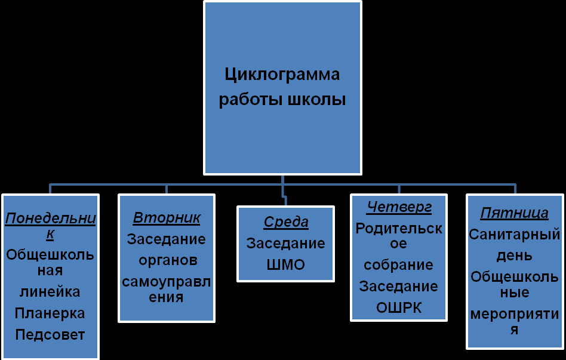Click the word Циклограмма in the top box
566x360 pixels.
pyautogui.click(x=282, y=75)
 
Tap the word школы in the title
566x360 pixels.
pyautogui.click(x=316, y=99)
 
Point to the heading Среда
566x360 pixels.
pyautogui.click(x=286, y=223)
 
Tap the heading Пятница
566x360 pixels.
pyautogui.click(x=515, y=213)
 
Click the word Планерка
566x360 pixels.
pyautogui.click(x=50, y=313)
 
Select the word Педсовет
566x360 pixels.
pyautogui.click(x=50, y=334)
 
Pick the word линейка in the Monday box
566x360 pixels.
pyautogui.click(x=50, y=292)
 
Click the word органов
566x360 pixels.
pyautogui.click(x=167, y=260)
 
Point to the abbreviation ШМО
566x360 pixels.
pyautogui.click(x=286, y=264)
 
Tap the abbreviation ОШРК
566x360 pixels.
pyautogui.click(x=399, y=307)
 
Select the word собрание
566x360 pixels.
pyautogui.click(x=399, y=264)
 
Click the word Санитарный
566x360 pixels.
pyautogui.click(x=515, y=234)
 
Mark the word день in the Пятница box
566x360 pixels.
pyautogui.click(x=515, y=256)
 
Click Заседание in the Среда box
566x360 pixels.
pyautogui.click(x=286, y=244)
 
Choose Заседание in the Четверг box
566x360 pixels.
pyautogui.click(x=399, y=287)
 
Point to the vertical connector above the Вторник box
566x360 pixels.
pyautogui.click(x=167, y=189)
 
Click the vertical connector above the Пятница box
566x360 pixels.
pyautogui.click(x=515, y=189)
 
